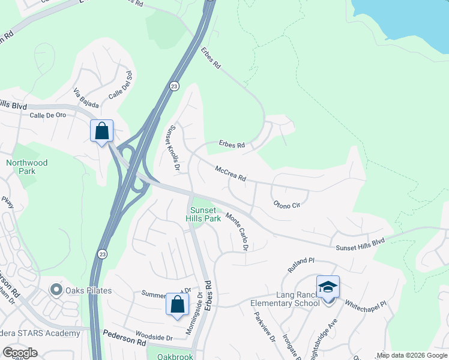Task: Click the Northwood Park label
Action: click(27, 167)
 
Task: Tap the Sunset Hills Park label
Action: click(206, 214)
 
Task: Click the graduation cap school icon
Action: click(328, 287)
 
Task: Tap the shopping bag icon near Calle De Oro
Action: click(101, 130)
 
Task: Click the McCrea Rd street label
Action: click(231, 174)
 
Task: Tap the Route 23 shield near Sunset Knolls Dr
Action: click(173, 85)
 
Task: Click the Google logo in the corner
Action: click(19, 353)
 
